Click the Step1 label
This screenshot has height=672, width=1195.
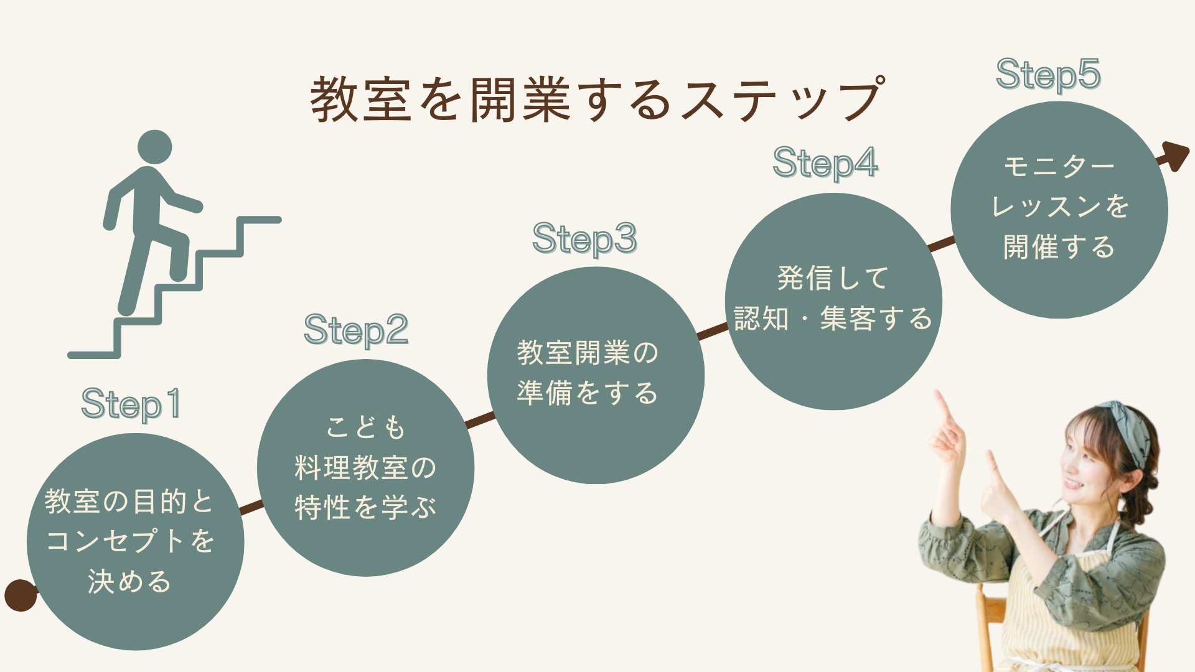point(131,404)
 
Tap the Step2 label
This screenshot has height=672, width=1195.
point(356,330)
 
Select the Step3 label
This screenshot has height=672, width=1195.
point(584,238)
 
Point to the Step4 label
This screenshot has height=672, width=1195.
point(825,163)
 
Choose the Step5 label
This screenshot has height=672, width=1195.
point(1048,75)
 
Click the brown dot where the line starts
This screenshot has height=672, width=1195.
point(20,595)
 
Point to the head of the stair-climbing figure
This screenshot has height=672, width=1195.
point(154,147)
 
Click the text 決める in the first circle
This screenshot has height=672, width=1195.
point(129,582)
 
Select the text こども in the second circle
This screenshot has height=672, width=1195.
point(366,427)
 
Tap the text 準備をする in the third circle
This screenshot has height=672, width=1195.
point(587,393)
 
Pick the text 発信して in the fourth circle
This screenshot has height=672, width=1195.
point(833,278)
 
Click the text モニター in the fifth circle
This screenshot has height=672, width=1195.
point(1059,167)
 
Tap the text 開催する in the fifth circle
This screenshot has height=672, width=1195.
point(1059,247)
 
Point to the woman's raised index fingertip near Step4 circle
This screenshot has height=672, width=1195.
point(937,394)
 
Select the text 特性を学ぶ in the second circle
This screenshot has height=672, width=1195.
point(366,508)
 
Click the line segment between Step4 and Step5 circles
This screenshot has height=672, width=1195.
point(941,243)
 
